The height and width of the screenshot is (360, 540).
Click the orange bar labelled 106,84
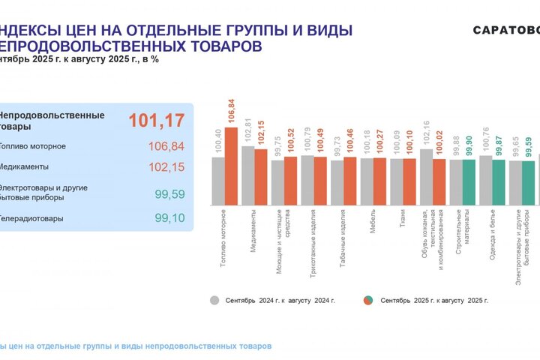click(x=231, y=166)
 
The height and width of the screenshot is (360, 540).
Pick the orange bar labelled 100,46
click(x=350, y=181)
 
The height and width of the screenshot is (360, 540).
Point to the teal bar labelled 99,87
click(x=499, y=182)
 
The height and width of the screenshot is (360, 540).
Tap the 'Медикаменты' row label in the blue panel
click(x=25, y=166)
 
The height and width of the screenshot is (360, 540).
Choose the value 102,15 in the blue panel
click(x=166, y=166)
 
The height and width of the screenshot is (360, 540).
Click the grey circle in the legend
click(x=215, y=300)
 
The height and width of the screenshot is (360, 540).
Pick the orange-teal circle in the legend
click(x=369, y=300)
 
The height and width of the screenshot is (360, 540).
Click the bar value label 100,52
click(x=291, y=140)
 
